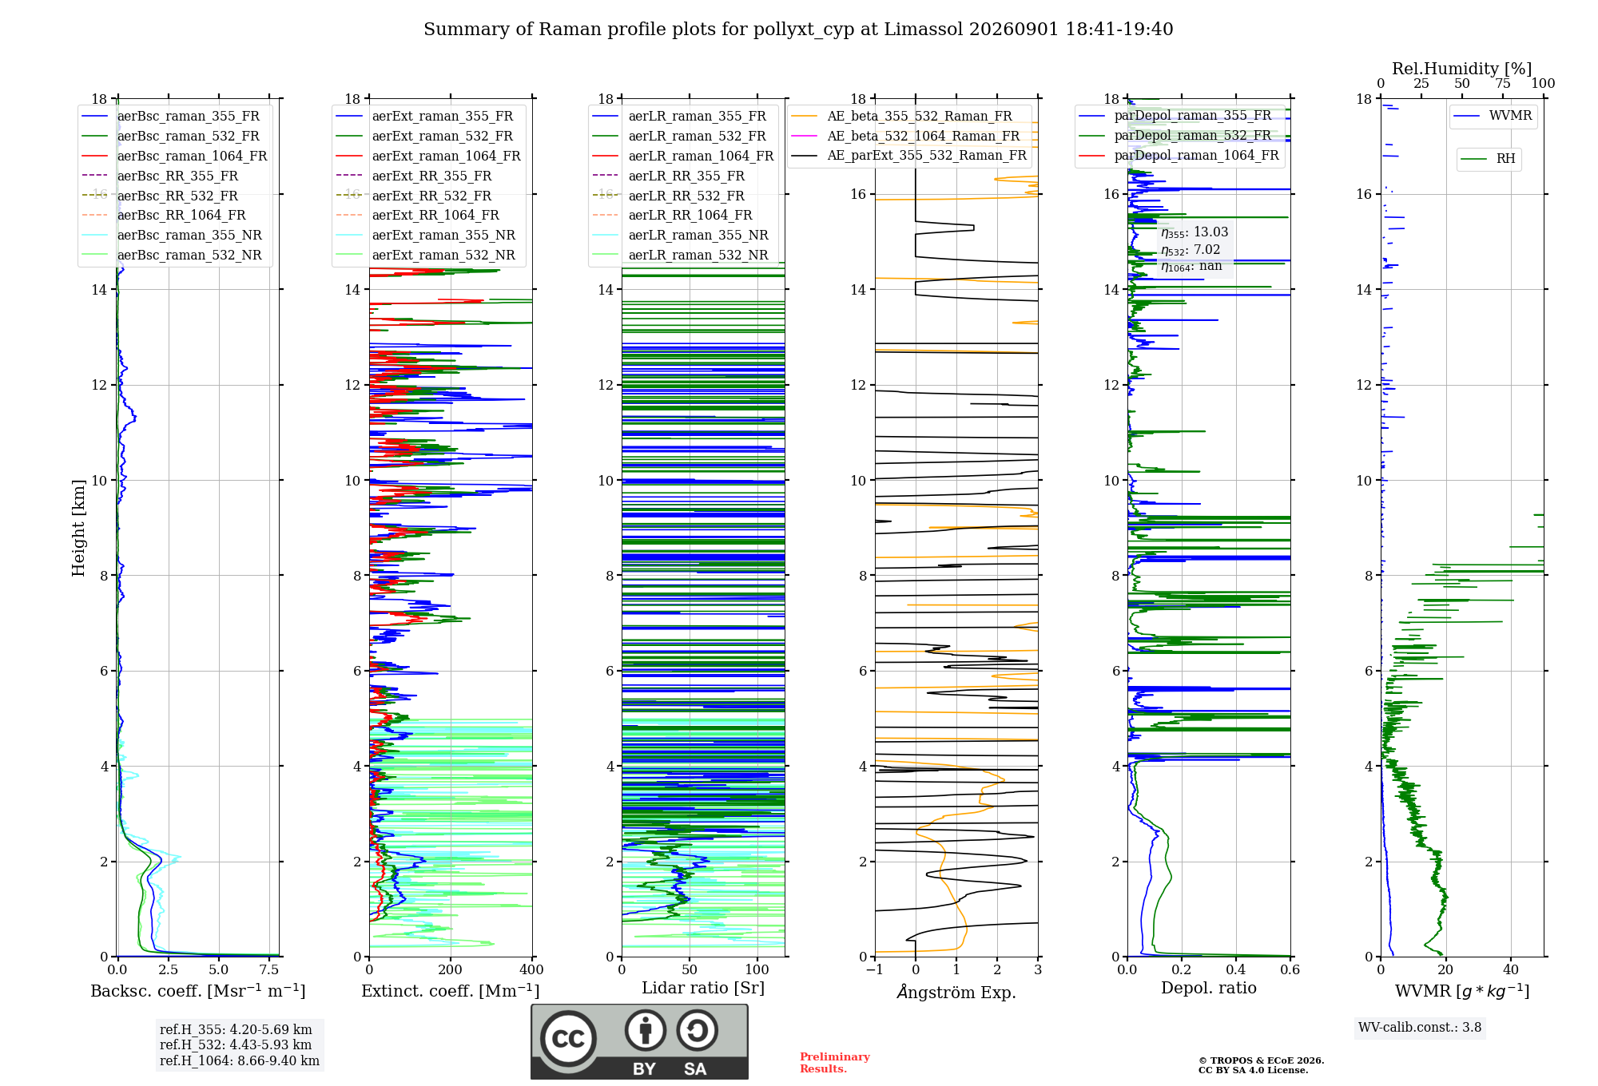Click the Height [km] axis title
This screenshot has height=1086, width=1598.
point(78,528)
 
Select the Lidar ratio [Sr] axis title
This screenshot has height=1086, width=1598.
point(703,988)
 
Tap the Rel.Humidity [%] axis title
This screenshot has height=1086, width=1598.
point(1462,69)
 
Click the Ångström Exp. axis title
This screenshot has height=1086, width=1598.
point(956,992)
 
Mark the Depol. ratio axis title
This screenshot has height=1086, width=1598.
point(1209,989)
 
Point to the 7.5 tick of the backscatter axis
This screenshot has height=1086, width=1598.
point(269,969)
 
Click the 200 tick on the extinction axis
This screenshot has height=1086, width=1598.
point(451,969)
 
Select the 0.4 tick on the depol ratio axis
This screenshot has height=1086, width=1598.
point(1236,969)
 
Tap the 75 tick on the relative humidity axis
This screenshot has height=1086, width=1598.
point(1503,83)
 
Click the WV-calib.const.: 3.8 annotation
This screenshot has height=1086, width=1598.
point(1420,1028)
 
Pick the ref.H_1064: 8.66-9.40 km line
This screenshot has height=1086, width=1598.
point(240,1061)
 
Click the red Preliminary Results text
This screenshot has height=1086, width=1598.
point(835,1063)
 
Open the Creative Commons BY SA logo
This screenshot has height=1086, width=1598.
point(640,1042)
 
